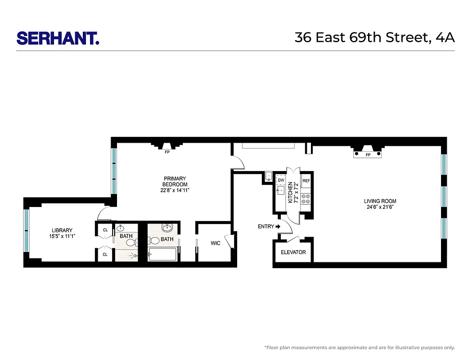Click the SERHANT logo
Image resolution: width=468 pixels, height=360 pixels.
[58, 38]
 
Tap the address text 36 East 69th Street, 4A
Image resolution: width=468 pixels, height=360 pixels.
[374, 37]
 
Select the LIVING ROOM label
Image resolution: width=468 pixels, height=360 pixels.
[380, 201]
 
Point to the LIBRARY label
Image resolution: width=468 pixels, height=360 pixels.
[62, 230]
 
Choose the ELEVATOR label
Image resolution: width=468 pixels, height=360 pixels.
[293, 252]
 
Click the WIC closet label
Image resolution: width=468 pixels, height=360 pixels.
[216, 243]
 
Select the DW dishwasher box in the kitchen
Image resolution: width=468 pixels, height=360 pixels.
[281, 180]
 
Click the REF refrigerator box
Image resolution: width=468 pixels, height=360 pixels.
[306, 180]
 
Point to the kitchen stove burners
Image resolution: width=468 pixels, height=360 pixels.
[306, 198]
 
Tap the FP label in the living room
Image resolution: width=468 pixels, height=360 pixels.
[368, 155]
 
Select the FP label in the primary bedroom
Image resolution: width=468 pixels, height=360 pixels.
[167, 152]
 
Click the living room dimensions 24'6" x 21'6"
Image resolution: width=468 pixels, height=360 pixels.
[380, 207]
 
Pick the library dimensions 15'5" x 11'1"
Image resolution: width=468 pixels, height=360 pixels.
[62, 236]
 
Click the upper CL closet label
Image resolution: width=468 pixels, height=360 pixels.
[105, 230]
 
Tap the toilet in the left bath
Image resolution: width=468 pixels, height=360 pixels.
[130, 243]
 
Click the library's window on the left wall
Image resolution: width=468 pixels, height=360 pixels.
[26, 231]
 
